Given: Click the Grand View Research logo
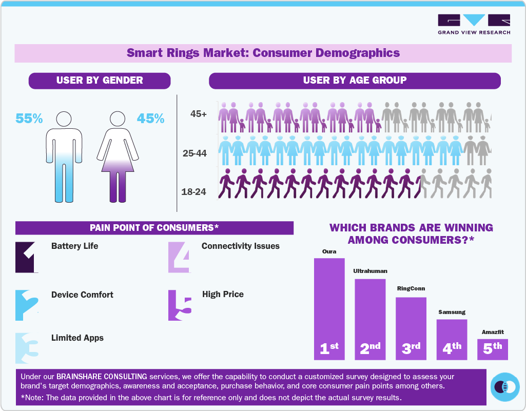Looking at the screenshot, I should click(x=474, y=24).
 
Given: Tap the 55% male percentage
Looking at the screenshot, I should click(x=29, y=119).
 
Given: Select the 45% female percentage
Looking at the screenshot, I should click(x=150, y=119).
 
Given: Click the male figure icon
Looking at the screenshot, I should click(x=64, y=156).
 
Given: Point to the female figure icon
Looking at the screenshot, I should click(x=118, y=156).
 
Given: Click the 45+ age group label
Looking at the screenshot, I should click(x=198, y=114).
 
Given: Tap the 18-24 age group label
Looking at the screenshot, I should click(x=193, y=192).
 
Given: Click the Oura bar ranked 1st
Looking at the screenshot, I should click(x=329, y=308).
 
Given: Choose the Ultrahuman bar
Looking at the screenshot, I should click(x=370, y=319).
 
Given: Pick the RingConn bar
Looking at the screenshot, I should click(x=411, y=328).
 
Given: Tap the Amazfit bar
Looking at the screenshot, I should click(x=492, y=348).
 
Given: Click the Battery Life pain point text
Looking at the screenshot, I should click(x=74, y=246).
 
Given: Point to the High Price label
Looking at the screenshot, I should click(x=223, y=294).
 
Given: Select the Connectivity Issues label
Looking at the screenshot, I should click(x=240, y=246).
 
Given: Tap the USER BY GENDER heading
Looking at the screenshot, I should click(x=100, y=81).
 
